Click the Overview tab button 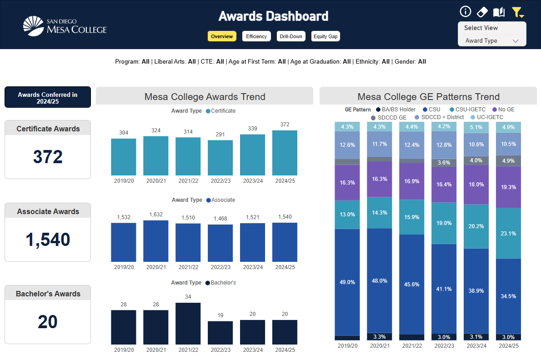(x=222, y=36)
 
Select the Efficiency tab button (x=256, y=36)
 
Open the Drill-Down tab (x=291, y=36)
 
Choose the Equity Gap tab (x=326, y=36)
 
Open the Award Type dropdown (x=491, y=40)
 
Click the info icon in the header (x=465, y=12)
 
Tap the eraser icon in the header (x=482, y=12)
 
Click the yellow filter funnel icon (x=517, y=12)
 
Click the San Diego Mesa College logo (x=65, y=26)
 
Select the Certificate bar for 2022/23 (x=220, y=158)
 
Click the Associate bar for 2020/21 (x=156, y=241)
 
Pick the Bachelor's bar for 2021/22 (x=188, y=323)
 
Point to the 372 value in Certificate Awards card (x=48, y=157)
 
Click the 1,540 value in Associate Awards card (x=48, y=240)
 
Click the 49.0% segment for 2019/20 (x=347, y=282)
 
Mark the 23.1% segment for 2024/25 (x=508, y=233)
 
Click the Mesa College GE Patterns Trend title (x=428, y=96)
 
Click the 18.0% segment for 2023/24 (x=476, y=185)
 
